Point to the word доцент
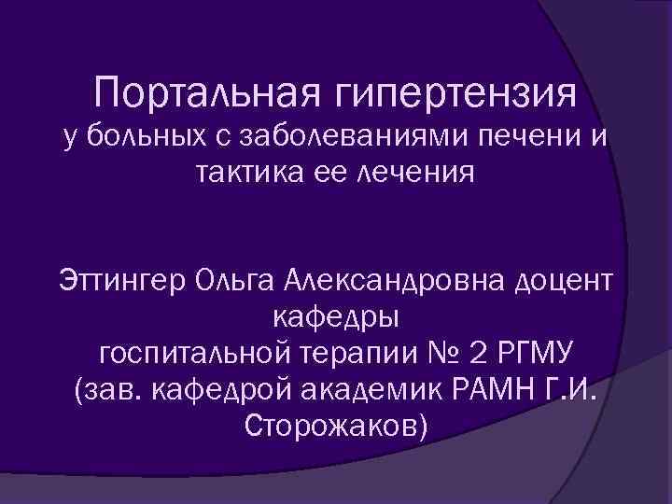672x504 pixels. pyautogui.click(x=558, y=280)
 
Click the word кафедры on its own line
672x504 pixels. pyautogui.click(x=336, y=317)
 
